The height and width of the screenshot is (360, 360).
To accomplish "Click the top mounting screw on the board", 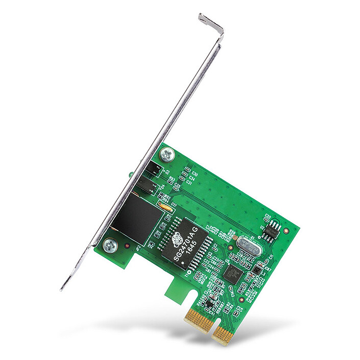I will pos(166,153).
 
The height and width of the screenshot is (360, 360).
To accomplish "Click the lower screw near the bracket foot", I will pos(110,246).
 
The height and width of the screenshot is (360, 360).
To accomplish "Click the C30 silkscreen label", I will pos(195,173).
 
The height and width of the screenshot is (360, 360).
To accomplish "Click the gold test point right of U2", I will pos(286,230).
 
